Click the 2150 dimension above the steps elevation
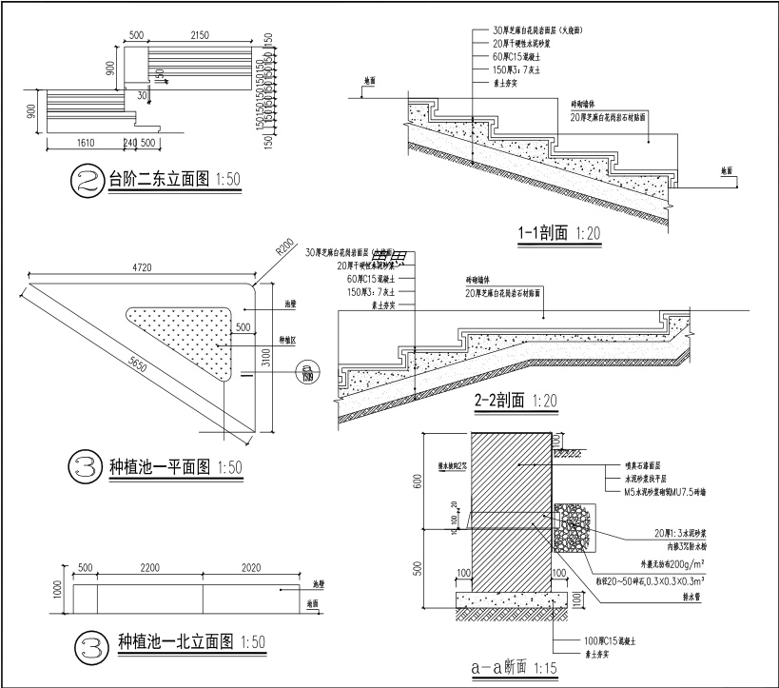(199, 35)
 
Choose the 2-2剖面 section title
(500, 402)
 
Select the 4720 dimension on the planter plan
(144, 269)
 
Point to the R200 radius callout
(283, 248)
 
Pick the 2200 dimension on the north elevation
(149, 568)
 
